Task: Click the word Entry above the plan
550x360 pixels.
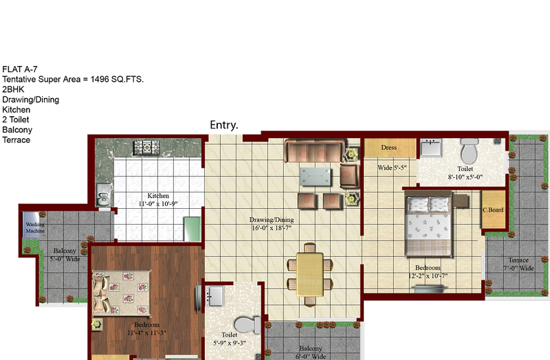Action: click(x=224, y=125)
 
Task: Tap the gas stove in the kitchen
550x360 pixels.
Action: click(x=146, y=148)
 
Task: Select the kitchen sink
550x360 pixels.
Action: click(x=104, y=195)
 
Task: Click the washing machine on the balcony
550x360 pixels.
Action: click(x=32, y=225)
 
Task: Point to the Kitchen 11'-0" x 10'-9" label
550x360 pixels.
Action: click(x=158, y=200)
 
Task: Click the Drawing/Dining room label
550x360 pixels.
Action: click(x=272, y=224)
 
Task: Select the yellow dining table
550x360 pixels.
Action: click(x=310, y=275)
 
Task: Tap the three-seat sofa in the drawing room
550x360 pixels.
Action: click(x=315, y=150)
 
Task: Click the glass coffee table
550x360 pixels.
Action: click(x=316, y=177)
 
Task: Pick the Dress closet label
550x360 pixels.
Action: click(x=389, y=148)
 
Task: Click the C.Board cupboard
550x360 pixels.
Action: click(x=493, y=210)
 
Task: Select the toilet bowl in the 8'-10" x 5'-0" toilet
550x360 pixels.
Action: click(x=469, y=150)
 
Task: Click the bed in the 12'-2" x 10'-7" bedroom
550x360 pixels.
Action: click(x=428, y=227)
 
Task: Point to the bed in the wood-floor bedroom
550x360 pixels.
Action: click(x=122, y=293)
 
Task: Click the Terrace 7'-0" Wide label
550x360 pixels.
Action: click(x=518, y=264)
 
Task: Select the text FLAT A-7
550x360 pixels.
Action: click(x=20, y=69)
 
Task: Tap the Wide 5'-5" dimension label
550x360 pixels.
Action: click(x=392, y=168)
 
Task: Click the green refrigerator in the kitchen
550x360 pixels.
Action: click(x=192, y=229)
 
